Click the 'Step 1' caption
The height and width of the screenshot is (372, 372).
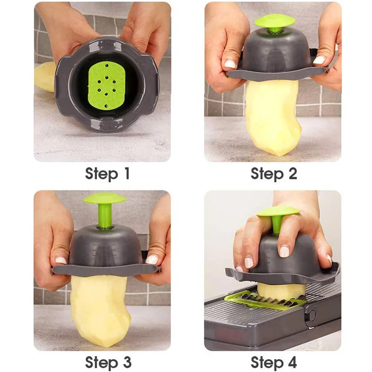pos(107,174)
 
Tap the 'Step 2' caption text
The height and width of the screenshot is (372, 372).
pos(274,174)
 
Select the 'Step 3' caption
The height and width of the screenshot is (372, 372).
pos(108,362)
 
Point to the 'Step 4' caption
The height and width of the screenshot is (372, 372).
pos(274,362)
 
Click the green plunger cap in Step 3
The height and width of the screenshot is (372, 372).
pos(105,198)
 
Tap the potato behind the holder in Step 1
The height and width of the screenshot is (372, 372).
pos(45,76)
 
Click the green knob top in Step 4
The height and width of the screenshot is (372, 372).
pos(278,211)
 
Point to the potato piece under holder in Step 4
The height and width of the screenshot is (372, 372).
pos(281,290)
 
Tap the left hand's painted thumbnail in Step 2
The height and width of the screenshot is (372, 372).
pos(230,64)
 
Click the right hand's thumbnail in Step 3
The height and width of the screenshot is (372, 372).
pos(152,260)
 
